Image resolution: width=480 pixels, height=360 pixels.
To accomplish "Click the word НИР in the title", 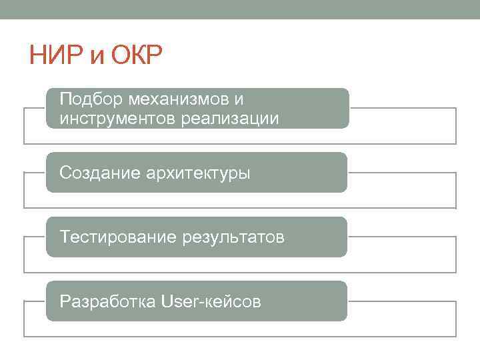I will point(56,55).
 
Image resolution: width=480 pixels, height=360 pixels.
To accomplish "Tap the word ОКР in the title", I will point(136,55).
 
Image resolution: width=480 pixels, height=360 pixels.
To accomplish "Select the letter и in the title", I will point(97,57).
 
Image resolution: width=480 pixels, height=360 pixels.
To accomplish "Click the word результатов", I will point(233,238).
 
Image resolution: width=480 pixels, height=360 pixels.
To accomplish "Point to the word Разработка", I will point(107,301).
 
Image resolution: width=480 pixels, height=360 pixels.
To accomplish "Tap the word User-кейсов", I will point(211,301).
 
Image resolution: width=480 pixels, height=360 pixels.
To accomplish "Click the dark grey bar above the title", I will point(240,9).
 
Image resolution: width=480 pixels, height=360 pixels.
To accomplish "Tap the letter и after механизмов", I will point(239,100).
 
